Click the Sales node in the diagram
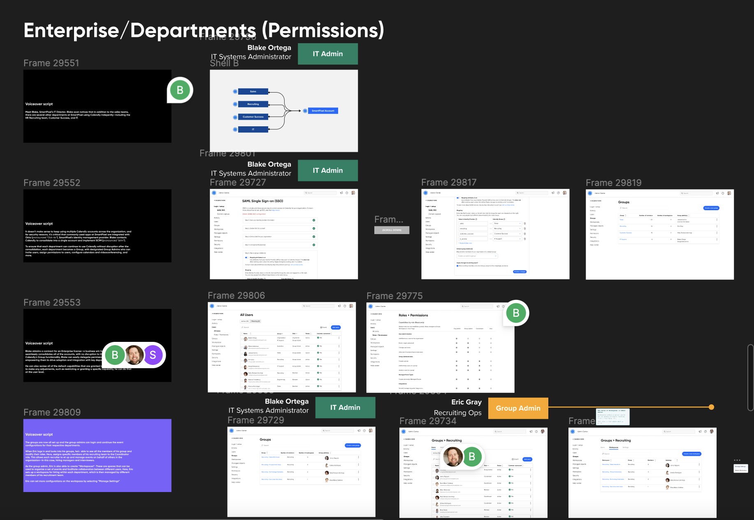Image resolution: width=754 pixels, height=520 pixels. click(x=253, y=92)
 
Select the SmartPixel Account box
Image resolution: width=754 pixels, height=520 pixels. click(x=323, y=111)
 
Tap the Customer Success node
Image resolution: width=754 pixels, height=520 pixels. click(x=253, y=117)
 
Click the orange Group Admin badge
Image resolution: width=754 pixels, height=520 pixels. click(x=518, y=408)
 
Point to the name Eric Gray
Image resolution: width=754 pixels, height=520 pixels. click(x=466, y=402)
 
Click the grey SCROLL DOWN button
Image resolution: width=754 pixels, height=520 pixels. click(x=392, y=230)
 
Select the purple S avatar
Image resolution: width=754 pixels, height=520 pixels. click(x=153, y=355)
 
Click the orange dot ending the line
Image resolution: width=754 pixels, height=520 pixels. click(x=711, y=407)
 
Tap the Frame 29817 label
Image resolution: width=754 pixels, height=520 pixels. click(x=449, y=182)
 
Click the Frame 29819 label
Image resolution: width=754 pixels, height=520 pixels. click(x=613, y=183)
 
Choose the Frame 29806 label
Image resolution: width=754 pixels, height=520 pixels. click(x=236, y=295)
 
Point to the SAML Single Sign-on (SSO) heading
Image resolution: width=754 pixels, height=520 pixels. click(x=262, y=201)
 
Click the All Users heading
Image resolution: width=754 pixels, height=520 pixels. click(x=246, y=315)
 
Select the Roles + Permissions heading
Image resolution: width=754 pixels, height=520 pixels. click(x=413, y=315)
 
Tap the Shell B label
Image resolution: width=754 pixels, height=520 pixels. click(x=224, y=63)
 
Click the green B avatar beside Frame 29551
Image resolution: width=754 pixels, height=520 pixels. click(x=180, y=90)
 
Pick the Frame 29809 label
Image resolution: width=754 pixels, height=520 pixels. click(x=52, y=412)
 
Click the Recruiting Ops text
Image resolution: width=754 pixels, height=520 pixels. click(x=457, y=413)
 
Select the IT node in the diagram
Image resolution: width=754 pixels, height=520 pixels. click(x=253, y=129)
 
